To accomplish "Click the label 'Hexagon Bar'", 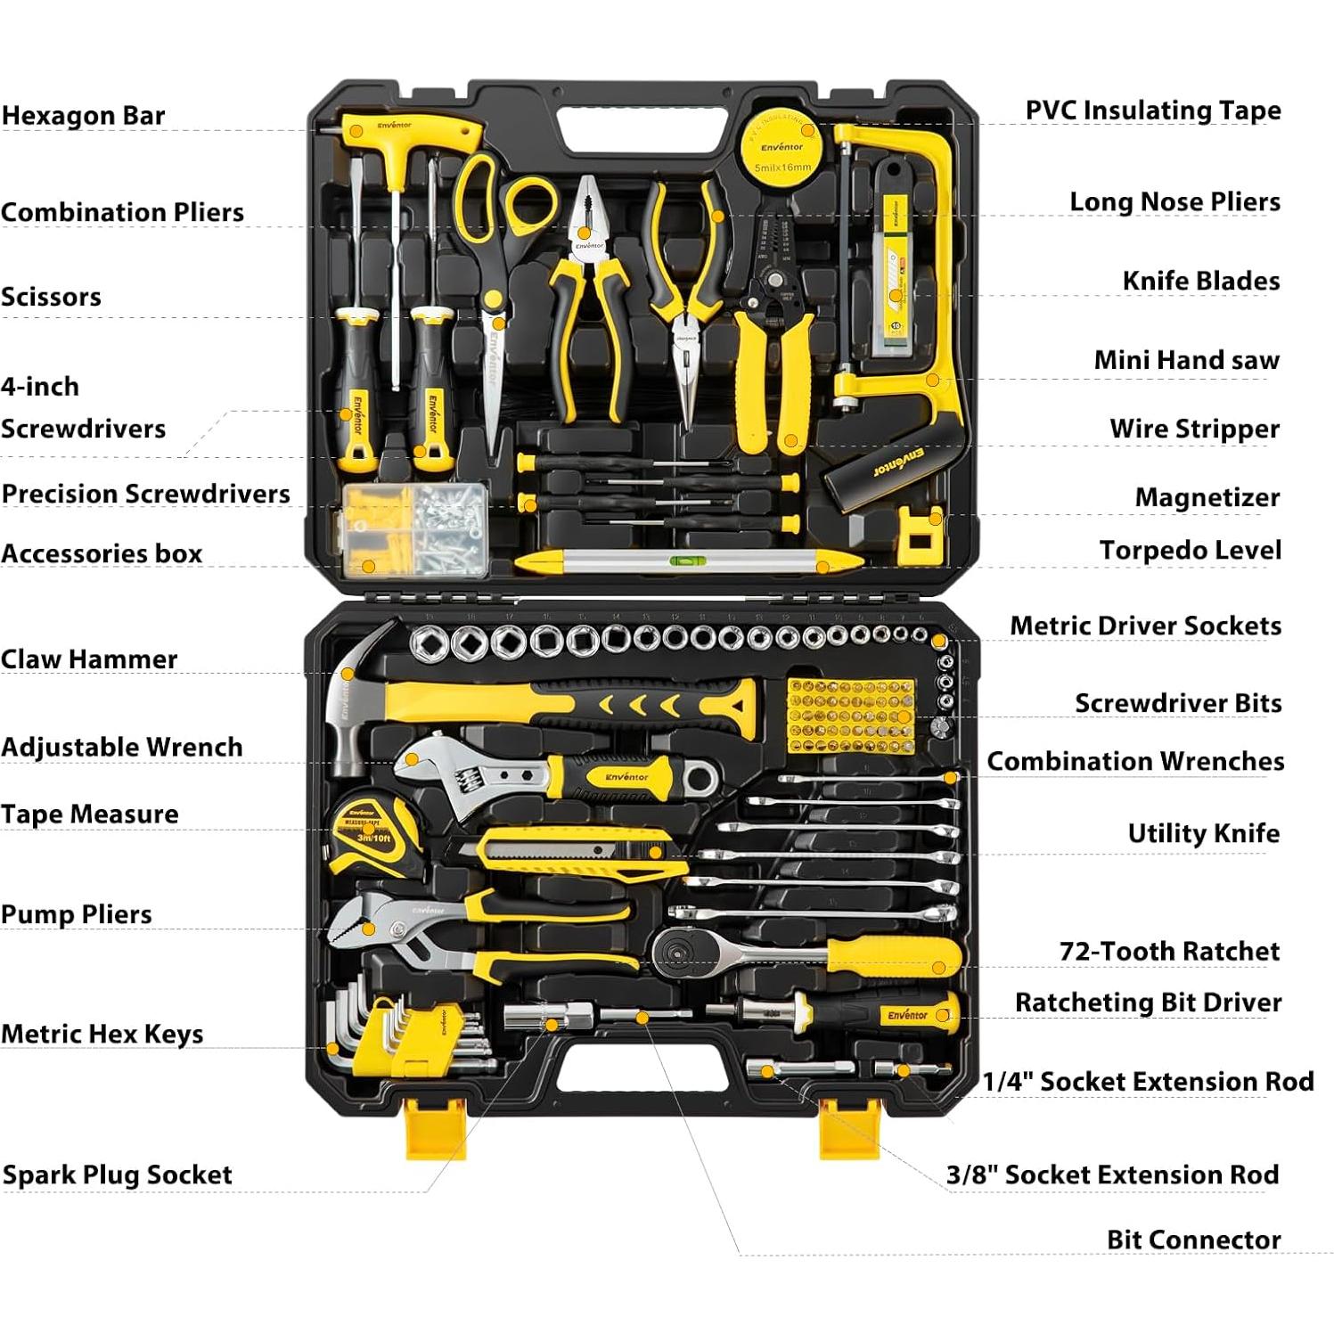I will pyautogui.click(x=84, y=116).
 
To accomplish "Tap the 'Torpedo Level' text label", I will pyautogui.click(x=1190, y=551).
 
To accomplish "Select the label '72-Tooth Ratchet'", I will pyautogui.click(x=1169, y=951).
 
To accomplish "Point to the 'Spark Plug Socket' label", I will pyautogui.click(x=117, y=1174).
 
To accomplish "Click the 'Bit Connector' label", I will pyautogui.click(x=1193, y=1240).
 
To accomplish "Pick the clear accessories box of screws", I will pyautogui.click(x=417, y=528).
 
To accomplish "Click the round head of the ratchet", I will pyautogui.click(x=683, y=953).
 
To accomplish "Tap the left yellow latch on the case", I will pyautogui.click(x=436, y=1126).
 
